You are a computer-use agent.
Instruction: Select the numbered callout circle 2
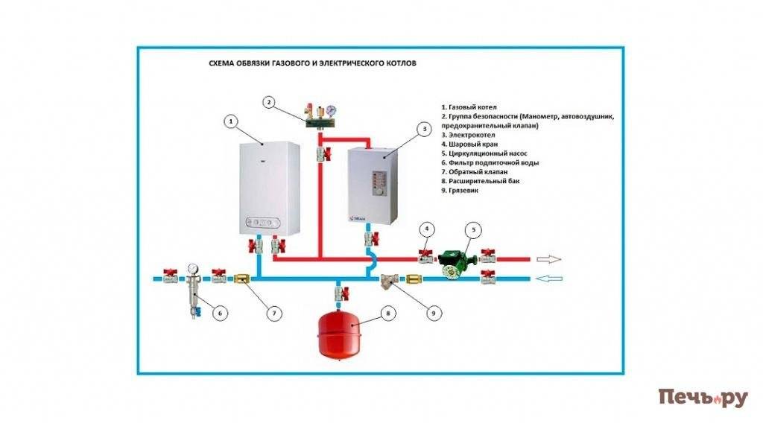[x=270, y=102]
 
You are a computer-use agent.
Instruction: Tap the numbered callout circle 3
[x=424, y=129]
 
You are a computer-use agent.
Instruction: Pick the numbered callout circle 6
[x=220, y=313]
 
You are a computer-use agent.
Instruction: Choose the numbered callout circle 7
[x=274, y=313]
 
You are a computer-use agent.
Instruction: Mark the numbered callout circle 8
[x=387, y=313]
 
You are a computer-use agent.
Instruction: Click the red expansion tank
[x=341, y=332]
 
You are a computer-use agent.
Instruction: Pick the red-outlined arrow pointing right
[x=545, y=259]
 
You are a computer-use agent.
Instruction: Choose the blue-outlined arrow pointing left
[x=545, y=279]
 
